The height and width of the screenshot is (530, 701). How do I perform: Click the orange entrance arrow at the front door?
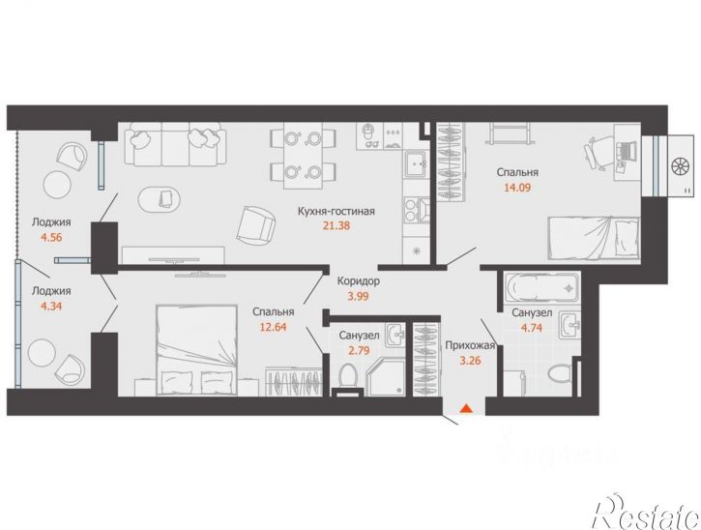[465, 408]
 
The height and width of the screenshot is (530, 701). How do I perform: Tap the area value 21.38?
[336, 226]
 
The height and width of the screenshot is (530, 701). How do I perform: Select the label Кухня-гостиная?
[336, 211]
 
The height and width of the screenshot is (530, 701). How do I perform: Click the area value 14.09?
[517, 187]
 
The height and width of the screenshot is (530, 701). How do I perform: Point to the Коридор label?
[359, 281]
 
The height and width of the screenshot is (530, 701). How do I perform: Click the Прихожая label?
[470, 345]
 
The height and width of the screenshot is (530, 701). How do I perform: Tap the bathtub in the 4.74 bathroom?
[541, 288]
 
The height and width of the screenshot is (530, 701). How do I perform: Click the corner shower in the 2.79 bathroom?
[387, 376]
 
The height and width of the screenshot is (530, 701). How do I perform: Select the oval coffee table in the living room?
[161, 199]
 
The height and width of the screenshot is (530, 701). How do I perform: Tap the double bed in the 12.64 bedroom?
[196, 350]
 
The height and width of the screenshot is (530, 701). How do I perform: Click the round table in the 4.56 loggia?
[57, 184]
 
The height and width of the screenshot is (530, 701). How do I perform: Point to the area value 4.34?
[51, 307]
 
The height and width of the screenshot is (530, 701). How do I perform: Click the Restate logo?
[646, 513]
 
